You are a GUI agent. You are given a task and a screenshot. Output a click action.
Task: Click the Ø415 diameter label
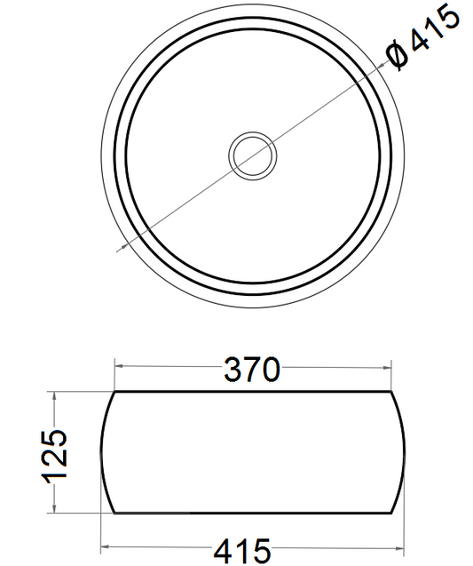coord(423,38)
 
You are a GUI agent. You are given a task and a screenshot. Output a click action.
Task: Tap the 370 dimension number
coord(252,370)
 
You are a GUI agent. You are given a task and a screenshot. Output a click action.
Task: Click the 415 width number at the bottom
coord(242,551)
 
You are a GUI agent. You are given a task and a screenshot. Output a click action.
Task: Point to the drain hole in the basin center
coord(253,155)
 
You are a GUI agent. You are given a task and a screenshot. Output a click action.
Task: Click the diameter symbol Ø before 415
coord(398,56)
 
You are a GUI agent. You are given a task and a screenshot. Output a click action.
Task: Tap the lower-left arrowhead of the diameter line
coord(125,246)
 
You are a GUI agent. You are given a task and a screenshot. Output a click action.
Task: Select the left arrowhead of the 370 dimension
coord(119,366)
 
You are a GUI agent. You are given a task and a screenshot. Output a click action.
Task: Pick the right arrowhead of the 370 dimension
coord(387,368)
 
